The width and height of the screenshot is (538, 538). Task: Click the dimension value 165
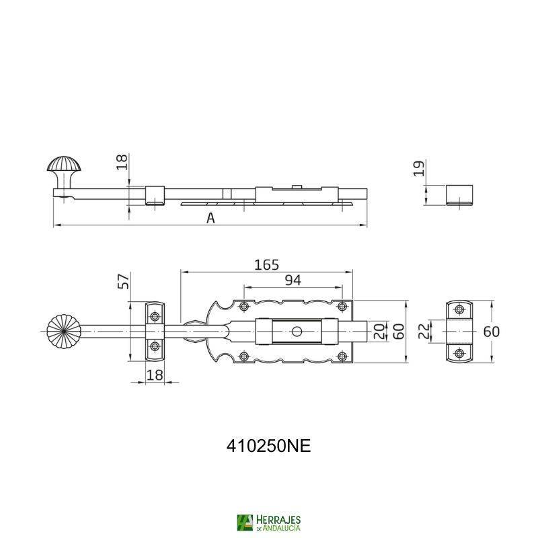click(x=266, y=264)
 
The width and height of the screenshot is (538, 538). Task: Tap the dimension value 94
click(x=293, y=281)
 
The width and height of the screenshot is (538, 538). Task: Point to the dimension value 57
click(x=124, y=281)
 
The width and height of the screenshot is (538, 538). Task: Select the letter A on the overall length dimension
click(x=211, y=217)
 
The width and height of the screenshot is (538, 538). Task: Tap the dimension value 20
click(x=379, y=331)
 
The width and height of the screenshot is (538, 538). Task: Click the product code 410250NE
click(x=268, y=447)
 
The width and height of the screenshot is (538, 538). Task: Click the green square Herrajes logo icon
click(x=245, y=523)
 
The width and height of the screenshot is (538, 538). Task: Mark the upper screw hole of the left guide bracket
click(x=155, y=315)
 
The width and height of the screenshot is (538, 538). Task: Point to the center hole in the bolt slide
click(x=297, y=332)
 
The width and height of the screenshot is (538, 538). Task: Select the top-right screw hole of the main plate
click(x=342, y=307)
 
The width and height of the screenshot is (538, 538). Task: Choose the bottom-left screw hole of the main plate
click(x=243, y=356)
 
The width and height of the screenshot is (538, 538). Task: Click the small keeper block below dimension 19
click(x=460, y=194)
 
